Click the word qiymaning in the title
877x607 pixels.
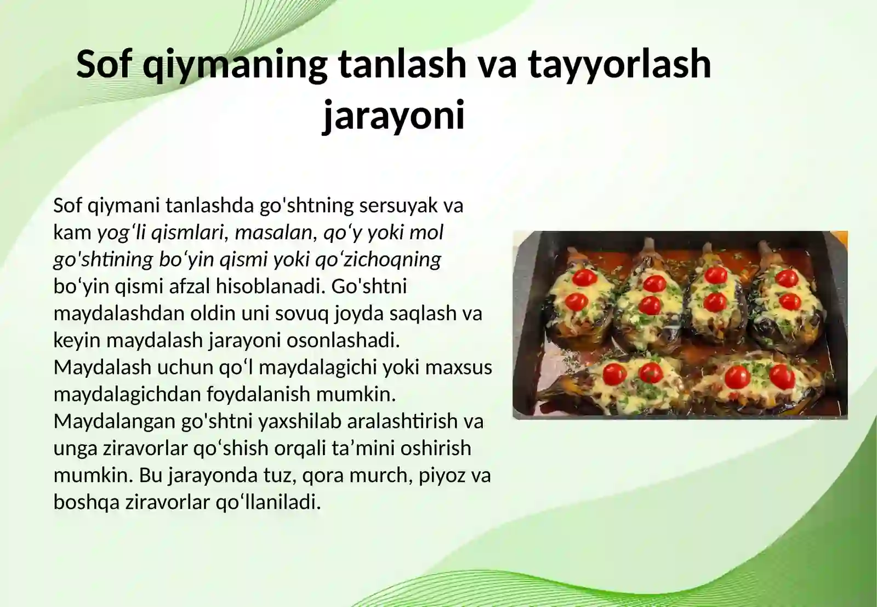235,65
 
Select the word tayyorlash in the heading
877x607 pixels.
619,64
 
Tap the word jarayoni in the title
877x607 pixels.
394,115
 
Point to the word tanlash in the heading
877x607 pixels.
402,64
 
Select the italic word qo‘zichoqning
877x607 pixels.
378,259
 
